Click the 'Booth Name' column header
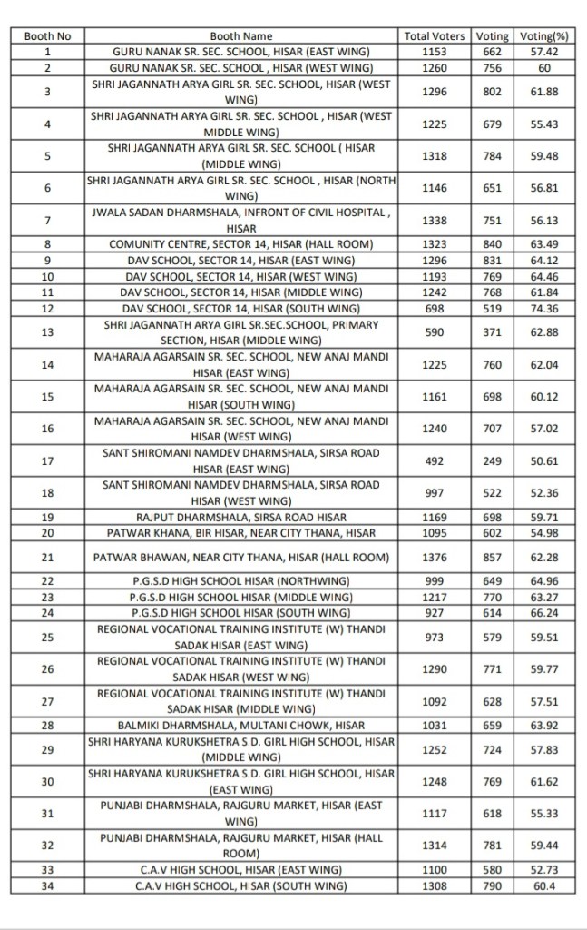241,36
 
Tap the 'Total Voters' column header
435,36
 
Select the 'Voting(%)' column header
545,36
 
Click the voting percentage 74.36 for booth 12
545,308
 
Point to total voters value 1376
435,557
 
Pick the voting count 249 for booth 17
494,460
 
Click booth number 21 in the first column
47,557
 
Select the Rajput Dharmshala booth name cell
241,517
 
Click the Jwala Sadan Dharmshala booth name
241,220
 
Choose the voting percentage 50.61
545,460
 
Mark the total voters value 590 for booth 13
435,332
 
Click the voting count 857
494,557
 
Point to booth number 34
47,885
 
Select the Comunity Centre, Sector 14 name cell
241,244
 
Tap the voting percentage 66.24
545,613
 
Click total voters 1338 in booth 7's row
435,220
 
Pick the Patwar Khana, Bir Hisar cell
241,532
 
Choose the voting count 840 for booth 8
494,244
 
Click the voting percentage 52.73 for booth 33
545,869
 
